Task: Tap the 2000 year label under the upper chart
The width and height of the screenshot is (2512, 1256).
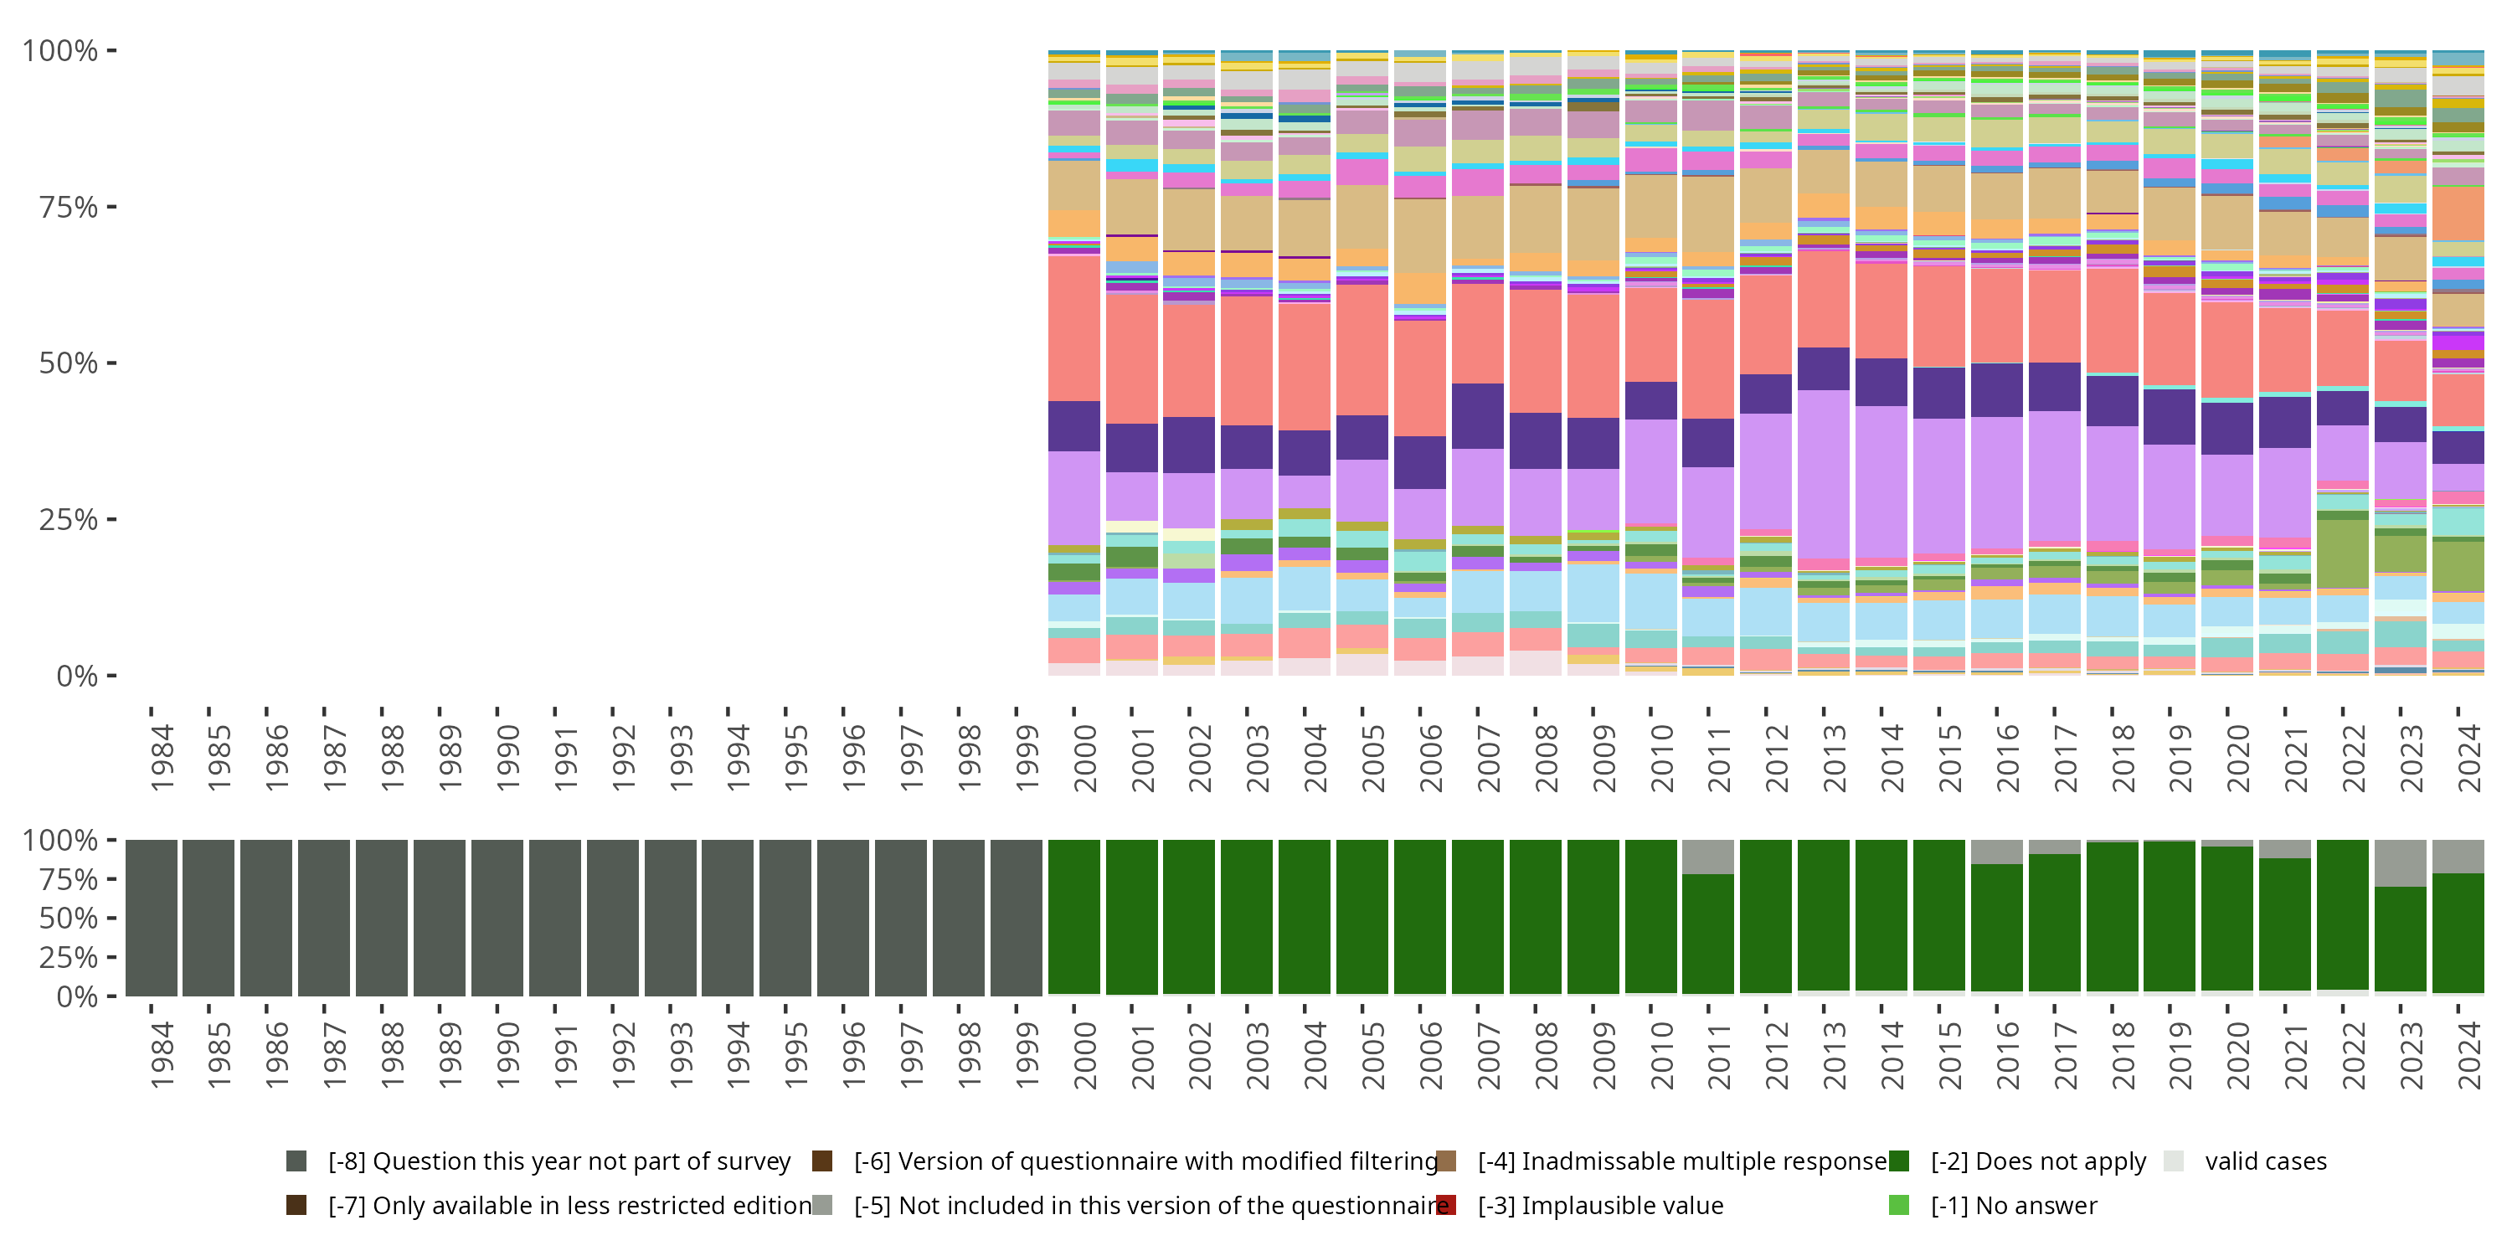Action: (x=1084, y=759)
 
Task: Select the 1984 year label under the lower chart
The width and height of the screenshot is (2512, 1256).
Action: (x=162, y=1055)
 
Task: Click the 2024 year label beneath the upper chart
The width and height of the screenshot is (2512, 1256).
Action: (x=2469, y=759)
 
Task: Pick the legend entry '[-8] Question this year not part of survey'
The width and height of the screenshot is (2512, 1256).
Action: (x=559, y=1161)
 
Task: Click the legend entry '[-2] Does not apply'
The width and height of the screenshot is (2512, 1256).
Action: (x=2038, y=1161)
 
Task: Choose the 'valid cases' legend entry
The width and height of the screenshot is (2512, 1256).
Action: (x=2265, y=1161)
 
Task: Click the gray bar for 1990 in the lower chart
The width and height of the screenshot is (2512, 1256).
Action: (x=497, y=918)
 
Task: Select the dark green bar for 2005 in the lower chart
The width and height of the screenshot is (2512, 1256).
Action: (x=1362, y=918)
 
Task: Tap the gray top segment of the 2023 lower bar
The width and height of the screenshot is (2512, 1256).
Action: (x=2400, y=863)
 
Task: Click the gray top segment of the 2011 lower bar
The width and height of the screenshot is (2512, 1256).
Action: (x=1707, y=857)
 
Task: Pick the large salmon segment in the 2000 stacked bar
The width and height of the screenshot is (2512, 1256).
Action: (x=1073, y=327)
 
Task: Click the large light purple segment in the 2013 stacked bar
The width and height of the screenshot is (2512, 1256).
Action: (x=1824, y=475)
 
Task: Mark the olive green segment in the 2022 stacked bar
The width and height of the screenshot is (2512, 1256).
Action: (x=2342, y=553)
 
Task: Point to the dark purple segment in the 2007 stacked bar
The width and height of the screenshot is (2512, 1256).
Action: (x=1477, y=416)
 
